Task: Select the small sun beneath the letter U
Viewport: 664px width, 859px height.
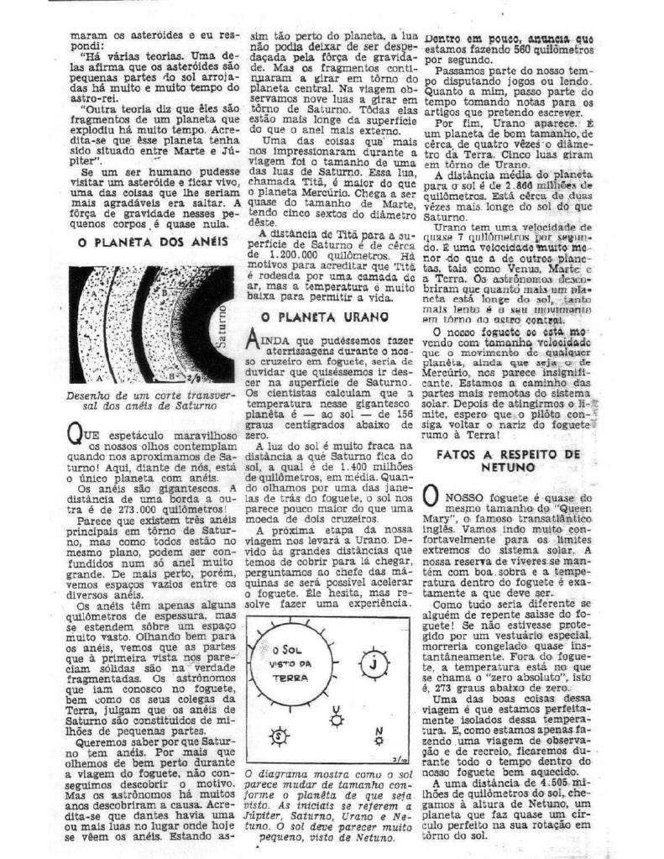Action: pyautogui.click(x=335, y=720)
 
